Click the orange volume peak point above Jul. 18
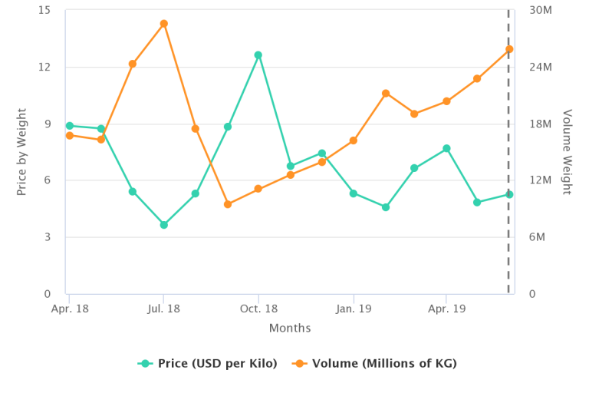tap(163, 24)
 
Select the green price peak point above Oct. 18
tap(258, 55)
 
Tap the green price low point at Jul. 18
tap(163, 225)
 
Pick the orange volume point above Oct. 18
tap(258, 189)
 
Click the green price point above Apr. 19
tap(446, 148)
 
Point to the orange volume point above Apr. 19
tap(446, 101)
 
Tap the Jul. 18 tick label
tap(163, 309)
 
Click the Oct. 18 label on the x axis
tap(258, 309)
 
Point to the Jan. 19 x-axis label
tap(354, 309)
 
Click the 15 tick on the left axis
tap(44, 10)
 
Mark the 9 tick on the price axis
tap(47, 124)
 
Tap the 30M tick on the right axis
tap(541, 10)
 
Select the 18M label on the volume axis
tap(541, 124)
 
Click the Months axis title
tap(290, 329)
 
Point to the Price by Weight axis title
tap(22, 152)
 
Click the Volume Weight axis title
tap(568, 152)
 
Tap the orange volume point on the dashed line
tap(508, 49)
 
